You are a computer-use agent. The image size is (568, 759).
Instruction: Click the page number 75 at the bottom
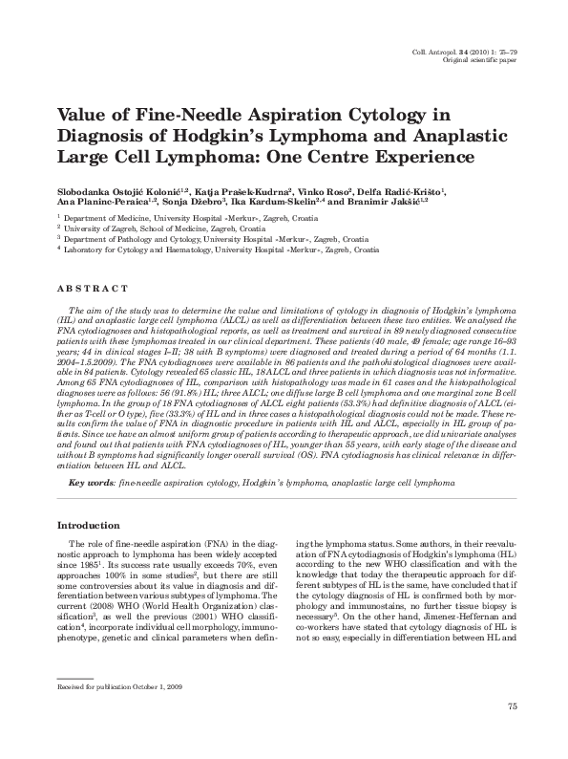point(512,733)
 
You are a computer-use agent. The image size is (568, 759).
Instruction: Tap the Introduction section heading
point(94,526)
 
